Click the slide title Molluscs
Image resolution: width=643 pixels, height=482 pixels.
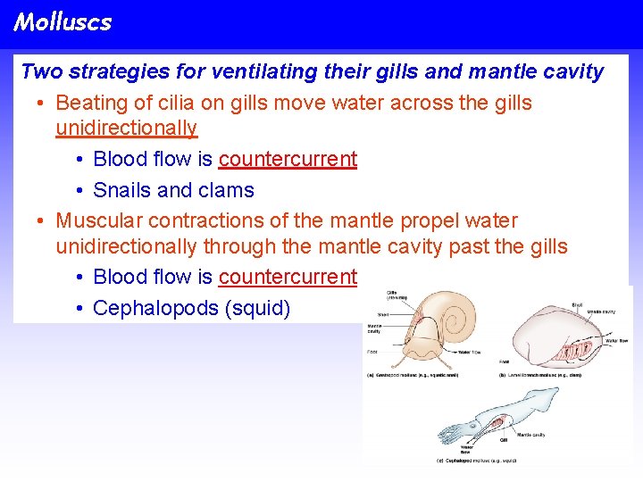tap(63, 22)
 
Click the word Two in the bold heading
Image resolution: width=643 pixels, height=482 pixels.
tap(40, 71)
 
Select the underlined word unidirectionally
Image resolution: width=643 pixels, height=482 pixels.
tap(126, 129)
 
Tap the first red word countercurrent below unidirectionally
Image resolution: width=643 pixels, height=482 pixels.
tap(288, 160)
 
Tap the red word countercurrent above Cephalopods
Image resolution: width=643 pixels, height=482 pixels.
tap(288, 278)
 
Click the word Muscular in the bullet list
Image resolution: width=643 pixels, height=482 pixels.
tap(98, 220)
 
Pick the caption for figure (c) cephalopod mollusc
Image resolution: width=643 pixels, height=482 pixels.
tap(479, 461)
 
